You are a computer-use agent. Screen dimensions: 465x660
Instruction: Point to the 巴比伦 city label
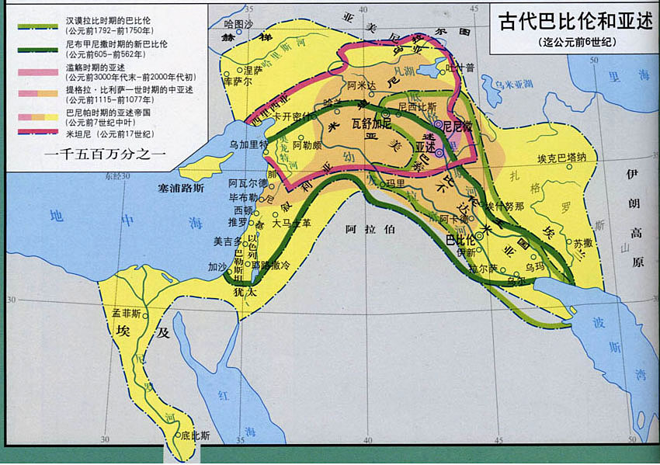[x=460, y=240]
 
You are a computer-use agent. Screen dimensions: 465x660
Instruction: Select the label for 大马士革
[x=291, y=224]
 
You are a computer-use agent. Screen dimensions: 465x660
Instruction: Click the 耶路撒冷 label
[x=275, y=264]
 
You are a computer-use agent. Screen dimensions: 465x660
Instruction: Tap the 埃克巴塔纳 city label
[x=567, y=158]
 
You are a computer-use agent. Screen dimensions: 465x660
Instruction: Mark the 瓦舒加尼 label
[x=370, y=123]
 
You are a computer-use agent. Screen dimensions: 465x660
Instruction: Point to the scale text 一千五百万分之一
[x=106, y=152]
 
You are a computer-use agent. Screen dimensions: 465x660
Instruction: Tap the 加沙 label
[x=217, y=266]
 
